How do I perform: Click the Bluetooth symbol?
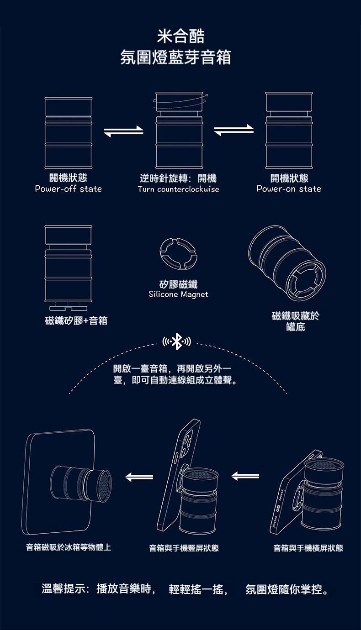click(177, 341)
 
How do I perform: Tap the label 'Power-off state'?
click(69, 189)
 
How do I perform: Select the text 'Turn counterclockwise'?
click(179, 189)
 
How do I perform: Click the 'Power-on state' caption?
click(289, 189)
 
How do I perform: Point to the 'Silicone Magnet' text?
click(179, 294)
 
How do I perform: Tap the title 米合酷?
click(180, 36)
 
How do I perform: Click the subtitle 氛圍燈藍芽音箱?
click(176, 58)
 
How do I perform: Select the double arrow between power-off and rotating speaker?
click(123, 131)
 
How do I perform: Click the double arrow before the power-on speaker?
click(234, 130)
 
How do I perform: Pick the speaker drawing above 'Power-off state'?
click(69, 133)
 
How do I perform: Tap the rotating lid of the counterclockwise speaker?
click(180, 101)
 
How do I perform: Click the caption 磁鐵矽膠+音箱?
click(76, 320)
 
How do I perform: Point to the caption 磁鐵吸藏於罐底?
click(296, 321)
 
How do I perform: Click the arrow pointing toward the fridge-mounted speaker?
click(139, 477)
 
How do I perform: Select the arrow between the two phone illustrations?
click(245, 476)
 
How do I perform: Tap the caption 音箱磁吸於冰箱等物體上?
click(69, 547)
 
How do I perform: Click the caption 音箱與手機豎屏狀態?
click(184, 548)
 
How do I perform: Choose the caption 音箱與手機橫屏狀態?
click(308, 548)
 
